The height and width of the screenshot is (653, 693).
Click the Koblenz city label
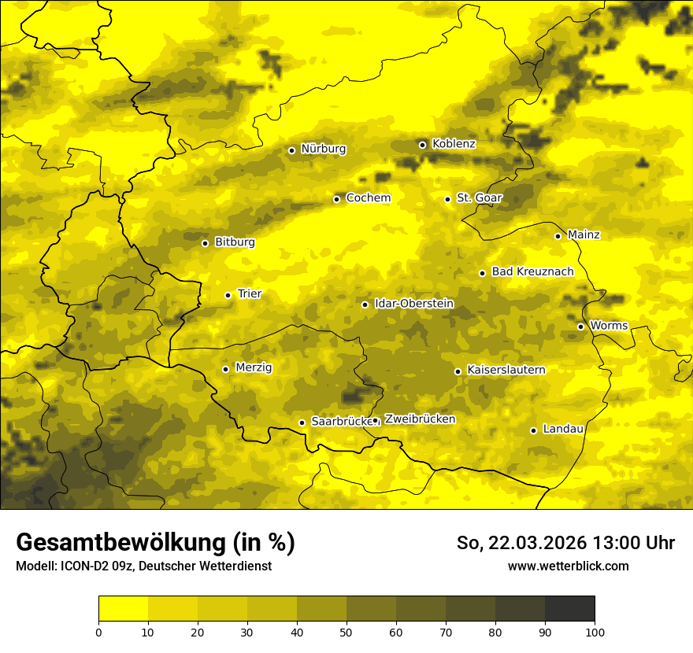(x=454, y=144)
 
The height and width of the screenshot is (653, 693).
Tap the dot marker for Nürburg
(x=291, y=150)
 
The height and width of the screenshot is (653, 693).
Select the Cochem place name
(x=368, y=197)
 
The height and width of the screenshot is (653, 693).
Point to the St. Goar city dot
(x=447, y=199)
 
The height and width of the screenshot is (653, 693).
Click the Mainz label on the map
(x=584, y=234)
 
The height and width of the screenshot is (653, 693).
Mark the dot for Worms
(x=580, y=326)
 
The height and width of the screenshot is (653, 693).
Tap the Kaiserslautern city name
(x=506, y=370)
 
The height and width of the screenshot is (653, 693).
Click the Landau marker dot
(x=533, y=430)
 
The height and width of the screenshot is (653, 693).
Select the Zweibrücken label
(x=420, y=419)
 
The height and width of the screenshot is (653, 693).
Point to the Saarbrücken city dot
(x=302, y=422)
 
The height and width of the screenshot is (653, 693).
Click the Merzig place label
(x=254, y=367)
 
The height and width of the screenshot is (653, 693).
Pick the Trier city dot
(x=228, y=295)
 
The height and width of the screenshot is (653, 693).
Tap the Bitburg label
(x=235, y=242)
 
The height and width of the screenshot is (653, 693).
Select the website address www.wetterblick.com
(x=568, y=566)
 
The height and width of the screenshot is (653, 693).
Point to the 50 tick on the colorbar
(x=346, y=631)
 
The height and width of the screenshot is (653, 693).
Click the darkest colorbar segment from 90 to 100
(x=569, y=609)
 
